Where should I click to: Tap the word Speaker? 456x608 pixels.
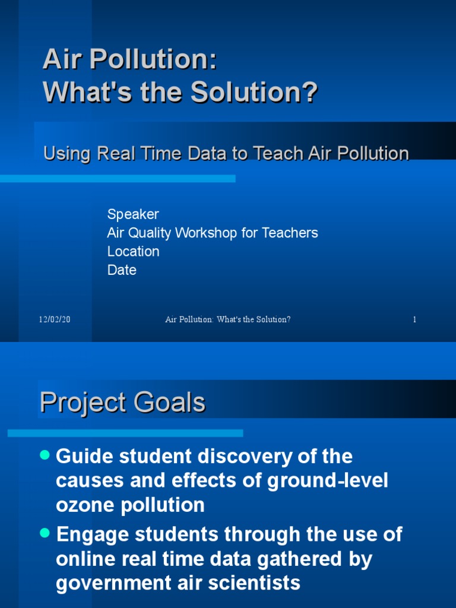pyautogui.click(x=133, y=214)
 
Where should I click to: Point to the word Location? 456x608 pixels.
pyautogui.click(x=133, y=251)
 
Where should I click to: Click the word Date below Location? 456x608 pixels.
pyautogui.click(x=122, y=270)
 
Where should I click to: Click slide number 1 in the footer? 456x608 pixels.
pyautogui.click(x=414, y=319)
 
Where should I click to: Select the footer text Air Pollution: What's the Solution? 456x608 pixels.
pyautogui.click(x=227, y=319)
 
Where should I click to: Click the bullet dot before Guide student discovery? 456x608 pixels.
pyautogui.click(x=45, y=455)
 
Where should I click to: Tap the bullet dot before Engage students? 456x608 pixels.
pyautogui.click(x=45, y=533)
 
